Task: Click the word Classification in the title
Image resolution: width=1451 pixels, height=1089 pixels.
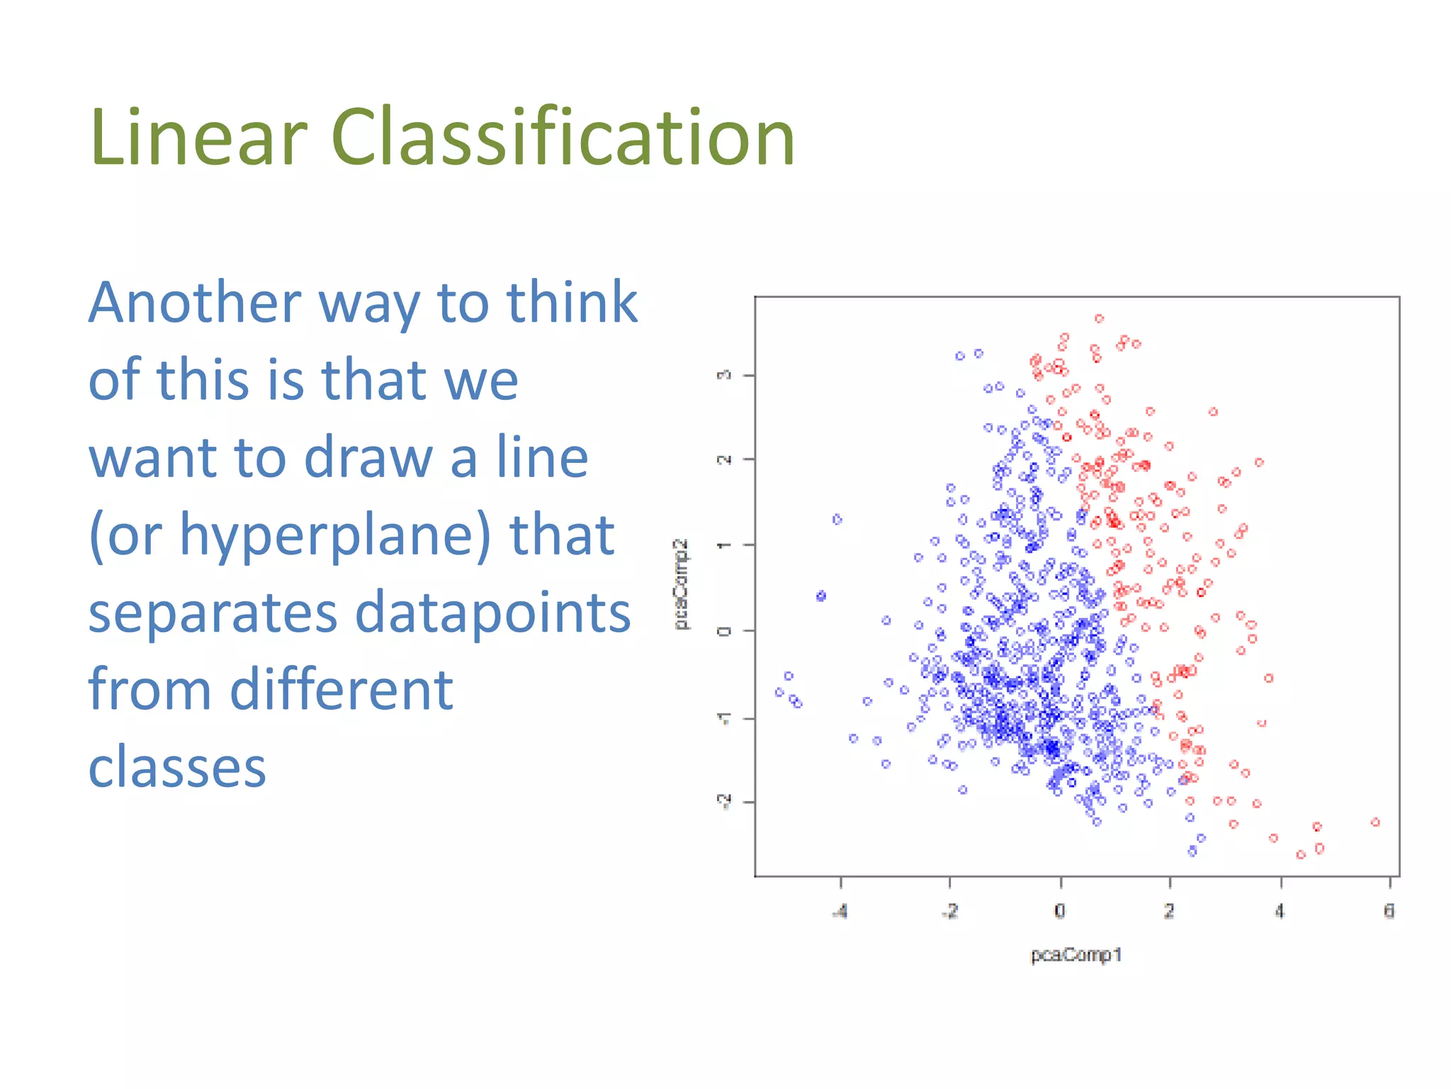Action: [x=563, y=137]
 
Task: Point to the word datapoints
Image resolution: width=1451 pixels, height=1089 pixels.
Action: [x=492, y=613]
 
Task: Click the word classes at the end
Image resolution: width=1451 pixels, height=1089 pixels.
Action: [x=177, y=767]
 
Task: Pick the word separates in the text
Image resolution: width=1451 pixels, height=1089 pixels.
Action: [x=212, y=614]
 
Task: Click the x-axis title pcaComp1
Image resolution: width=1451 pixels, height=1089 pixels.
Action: [x=1076, y=955]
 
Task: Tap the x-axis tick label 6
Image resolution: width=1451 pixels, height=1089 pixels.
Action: [x=1389, y=911]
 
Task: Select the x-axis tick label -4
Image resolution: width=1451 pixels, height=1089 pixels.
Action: [x=840, y=911]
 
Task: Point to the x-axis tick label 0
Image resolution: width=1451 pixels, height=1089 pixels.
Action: [x=1059, y=911]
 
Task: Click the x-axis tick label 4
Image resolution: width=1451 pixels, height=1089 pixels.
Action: [x=1279, y=911]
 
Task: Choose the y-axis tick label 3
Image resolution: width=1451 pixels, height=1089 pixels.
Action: [x=724, y=375]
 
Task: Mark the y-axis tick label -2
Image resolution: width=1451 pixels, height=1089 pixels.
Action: [x=724, y=801]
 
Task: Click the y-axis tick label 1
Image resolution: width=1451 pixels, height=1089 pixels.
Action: [x=724, y=544]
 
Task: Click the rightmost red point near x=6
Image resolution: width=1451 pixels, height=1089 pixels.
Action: [x=1375, y=822]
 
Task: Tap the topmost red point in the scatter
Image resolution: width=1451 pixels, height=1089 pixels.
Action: [x=1099, y=318]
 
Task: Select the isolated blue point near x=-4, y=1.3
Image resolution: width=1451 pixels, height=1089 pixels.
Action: [x=837, y=520]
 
